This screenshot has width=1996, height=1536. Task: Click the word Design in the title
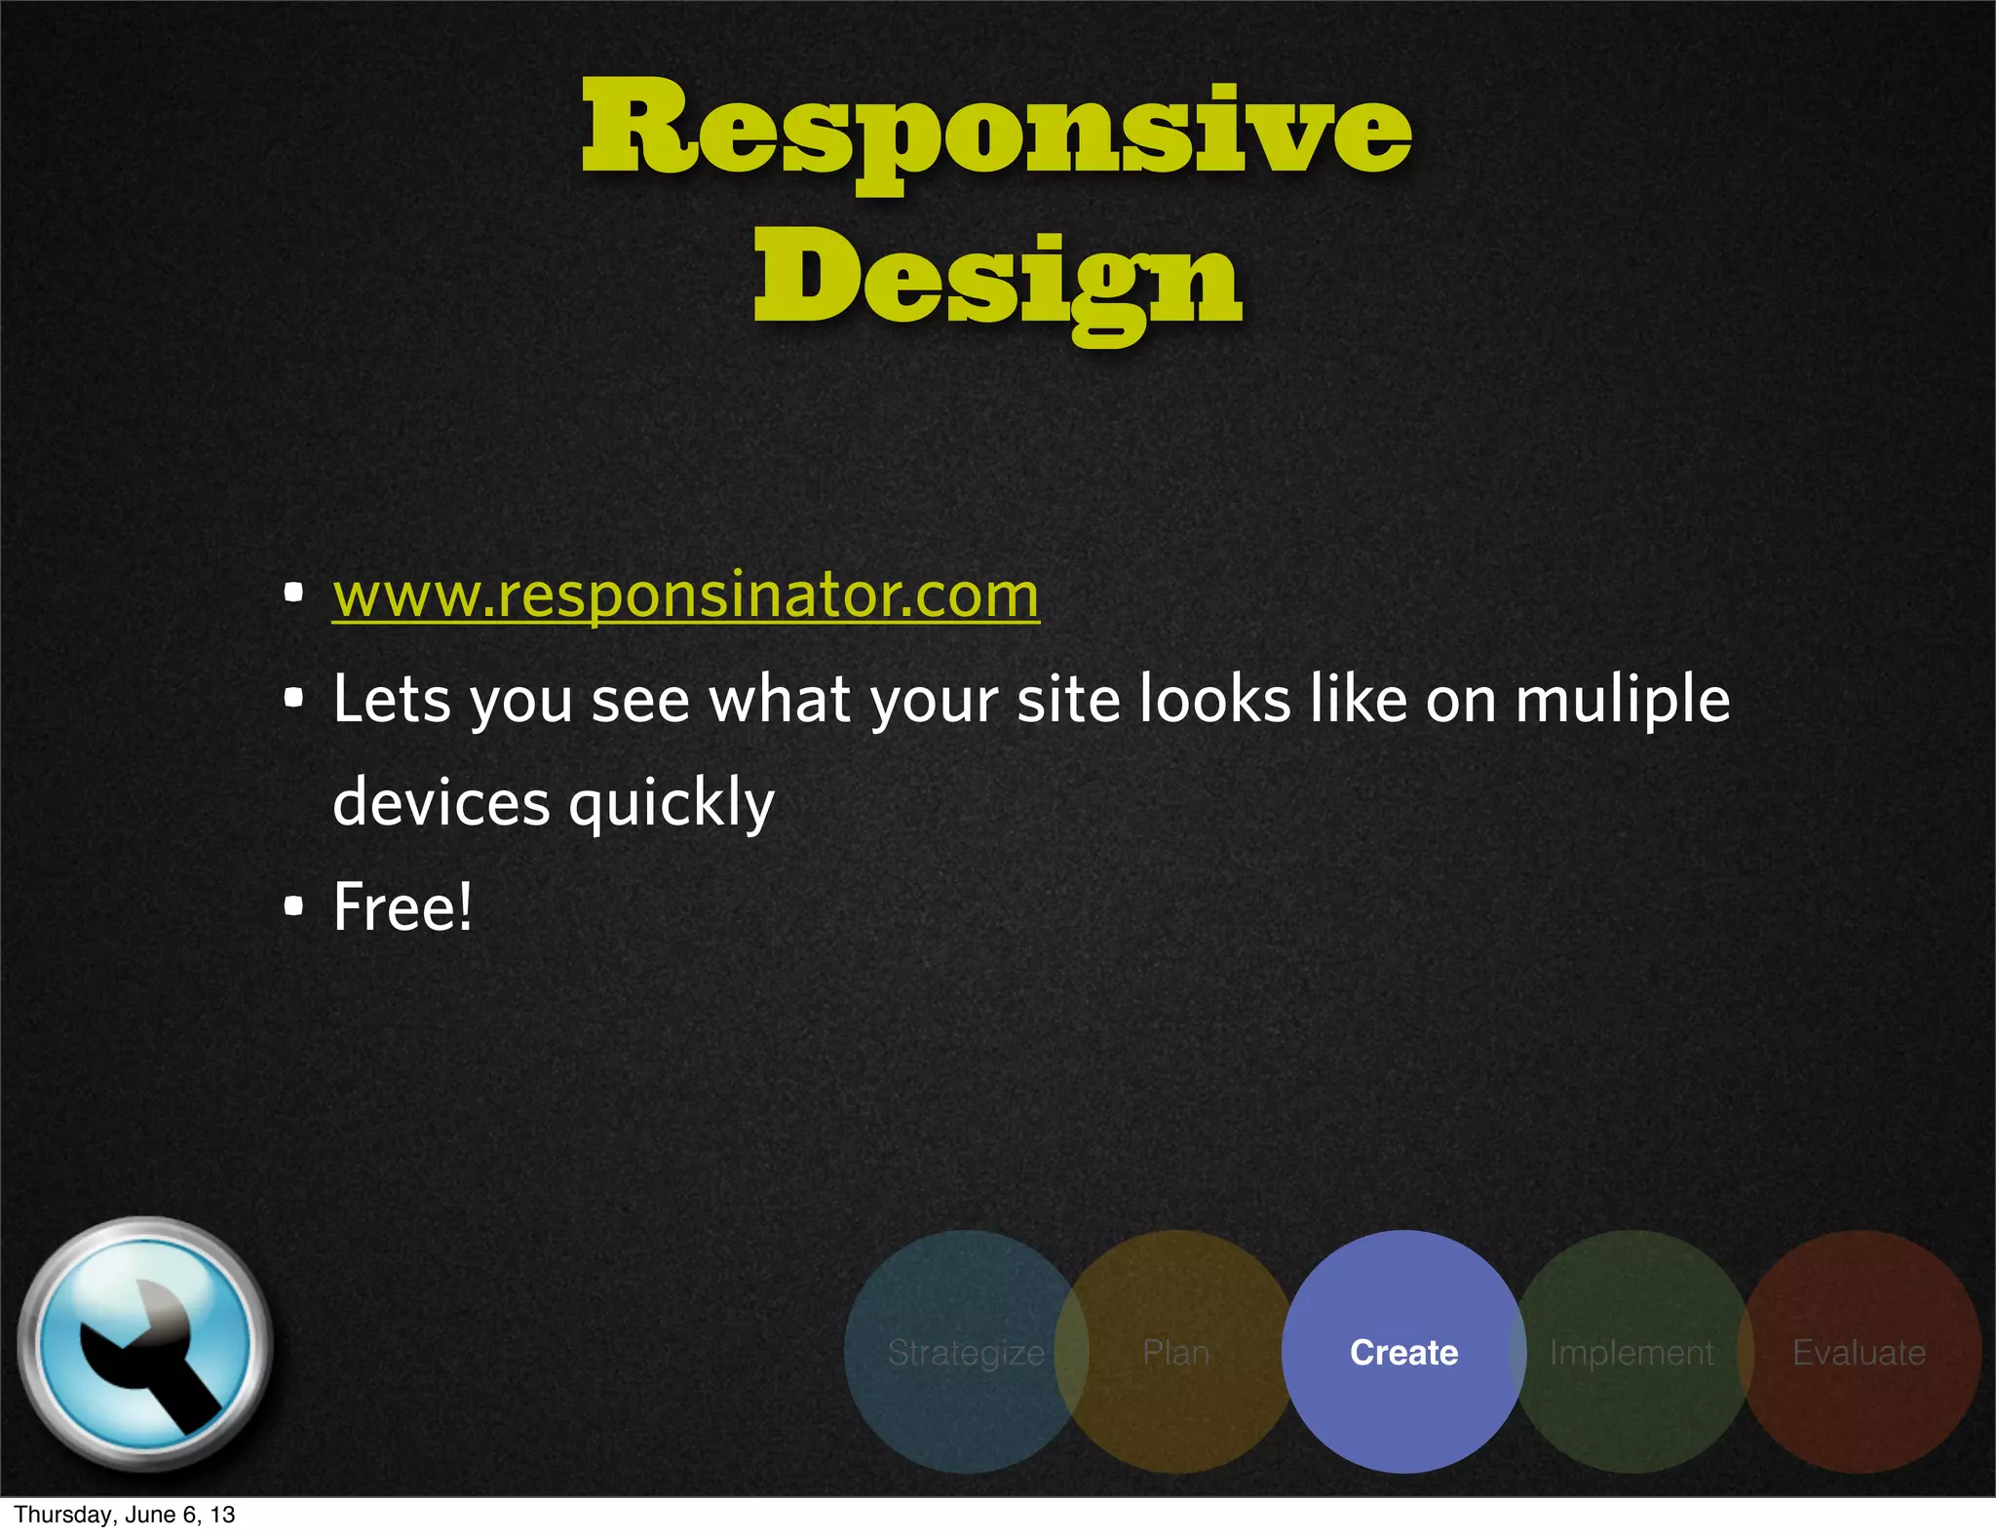click(x=997, y=280)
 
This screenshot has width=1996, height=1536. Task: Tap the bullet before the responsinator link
click(x=293, y=593)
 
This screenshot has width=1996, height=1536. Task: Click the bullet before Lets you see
click(x=293, y=698)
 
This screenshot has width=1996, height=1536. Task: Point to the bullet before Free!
click(x=293, y=906)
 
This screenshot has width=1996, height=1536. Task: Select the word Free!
click(x=403, y=906)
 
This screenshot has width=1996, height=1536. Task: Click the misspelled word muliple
click(x=1622, y=700)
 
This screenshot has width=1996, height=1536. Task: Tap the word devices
click(x=441, y=803)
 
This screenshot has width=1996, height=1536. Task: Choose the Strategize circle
click(x=965, y=1352)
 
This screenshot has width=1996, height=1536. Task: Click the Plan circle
click(x=1176, y=1352)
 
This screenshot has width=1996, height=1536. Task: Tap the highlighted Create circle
click(x=1403, y=1352)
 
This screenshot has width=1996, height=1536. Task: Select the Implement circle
click(x=1631, y=1352)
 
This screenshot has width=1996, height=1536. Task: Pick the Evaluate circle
click(x=1860, y=1352)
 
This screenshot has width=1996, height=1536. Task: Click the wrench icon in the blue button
click(x=146, y=1345)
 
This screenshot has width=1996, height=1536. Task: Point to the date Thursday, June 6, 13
click(x=125, y=1515)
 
